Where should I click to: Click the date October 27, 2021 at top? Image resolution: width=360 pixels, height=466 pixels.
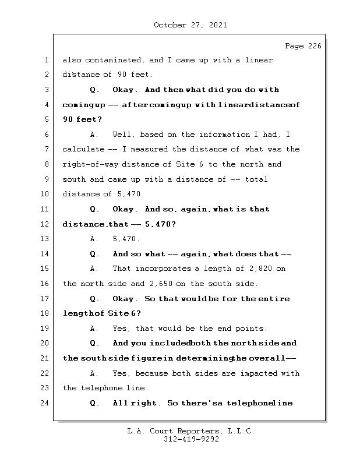pos(190,25)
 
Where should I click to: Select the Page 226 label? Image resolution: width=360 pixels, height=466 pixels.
pos(302,47)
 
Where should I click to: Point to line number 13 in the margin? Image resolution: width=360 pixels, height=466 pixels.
pos(44,239)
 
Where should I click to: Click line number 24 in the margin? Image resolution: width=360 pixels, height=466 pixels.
pos(44,403)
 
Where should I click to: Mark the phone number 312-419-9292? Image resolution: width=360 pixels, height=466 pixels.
pos(191,440)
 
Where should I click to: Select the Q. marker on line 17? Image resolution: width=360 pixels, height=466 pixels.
pos(95,299)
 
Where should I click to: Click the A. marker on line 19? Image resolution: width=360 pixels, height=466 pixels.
pos(95,329)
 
